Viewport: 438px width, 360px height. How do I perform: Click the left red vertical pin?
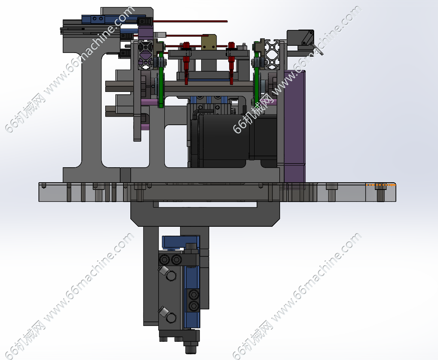point(186,63)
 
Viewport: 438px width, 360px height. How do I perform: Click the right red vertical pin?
point(232,63)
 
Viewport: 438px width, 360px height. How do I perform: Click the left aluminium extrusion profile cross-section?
point(146,55)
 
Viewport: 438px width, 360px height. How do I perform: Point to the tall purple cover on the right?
point(295,126)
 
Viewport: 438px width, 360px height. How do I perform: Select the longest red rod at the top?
point(190,21)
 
